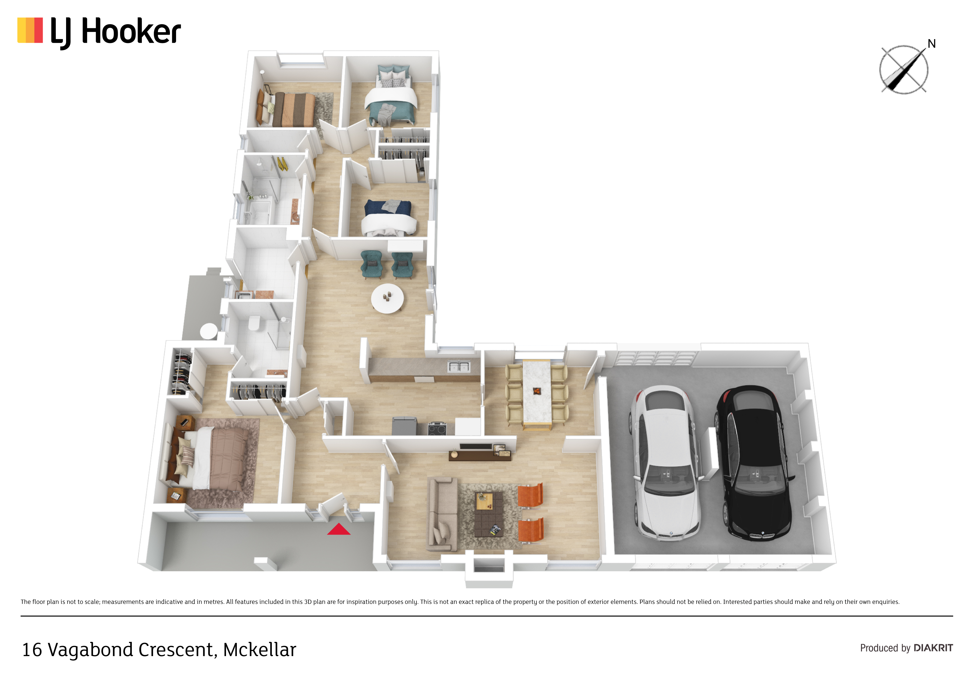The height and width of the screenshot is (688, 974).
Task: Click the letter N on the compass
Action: (932, 44)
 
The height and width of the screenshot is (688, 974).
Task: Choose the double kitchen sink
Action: (459, 366)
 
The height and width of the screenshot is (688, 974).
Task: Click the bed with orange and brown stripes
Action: (286, 109)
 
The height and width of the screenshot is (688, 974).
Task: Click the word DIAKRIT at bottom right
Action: (933, 648)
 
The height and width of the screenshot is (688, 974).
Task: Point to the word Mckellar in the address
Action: (260, 650)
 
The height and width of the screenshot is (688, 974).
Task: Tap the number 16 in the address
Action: (32, 650)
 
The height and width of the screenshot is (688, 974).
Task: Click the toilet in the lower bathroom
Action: (254, 323)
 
